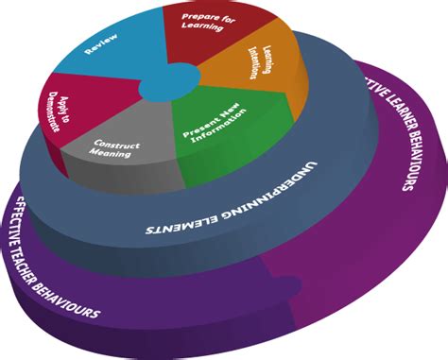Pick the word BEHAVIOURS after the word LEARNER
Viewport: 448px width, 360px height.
(404, 169)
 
